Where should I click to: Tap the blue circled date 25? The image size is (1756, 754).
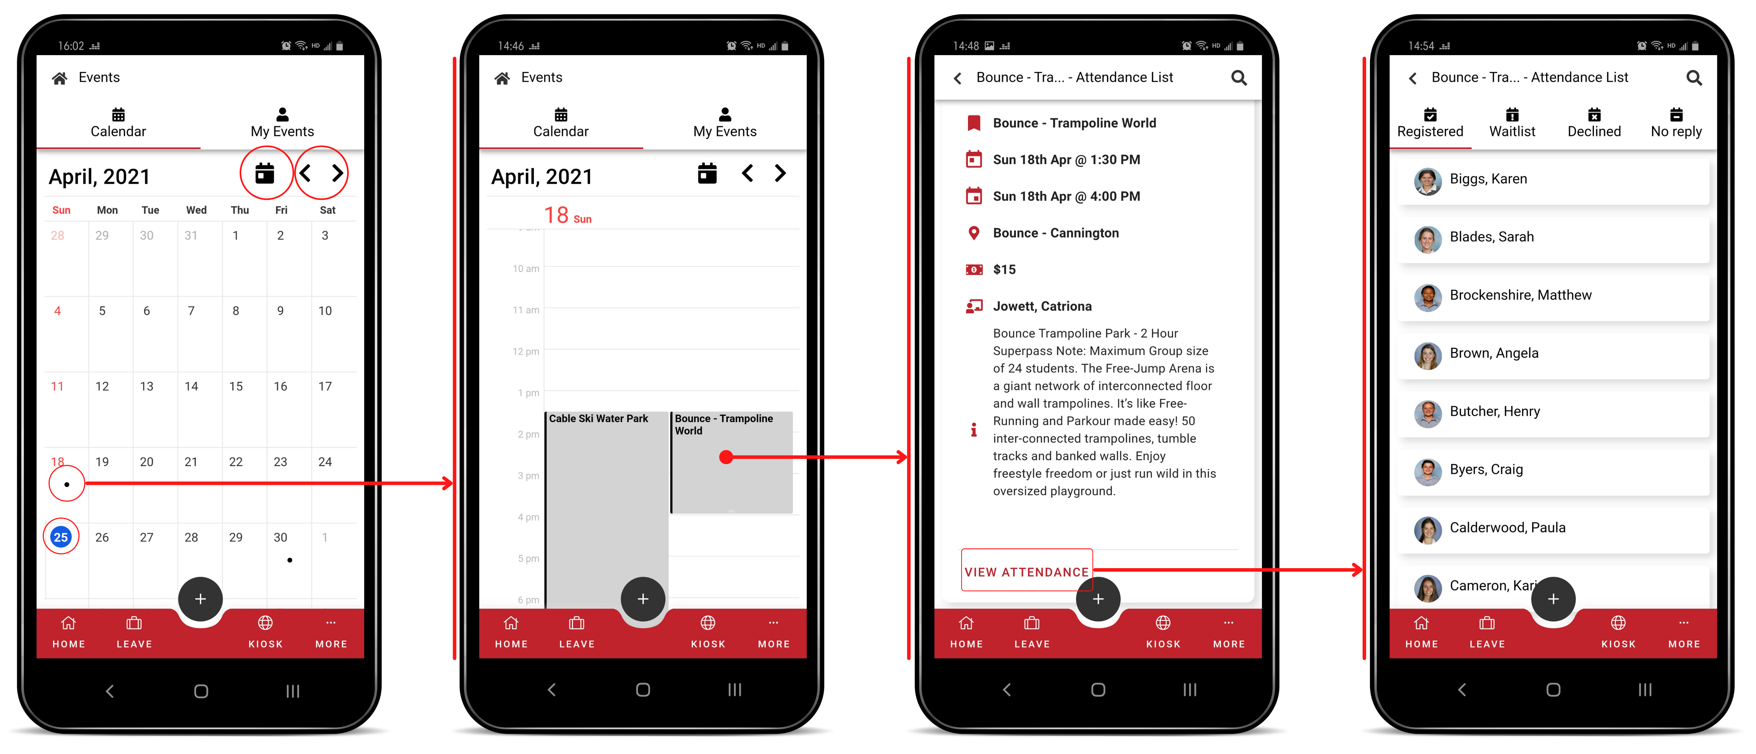(61, 537)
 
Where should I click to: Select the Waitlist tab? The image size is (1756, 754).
(1512, 123)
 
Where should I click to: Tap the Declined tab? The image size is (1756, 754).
(1594, 123)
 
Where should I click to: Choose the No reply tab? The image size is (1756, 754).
(1676, 123)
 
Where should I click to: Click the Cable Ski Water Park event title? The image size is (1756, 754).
(598, 418)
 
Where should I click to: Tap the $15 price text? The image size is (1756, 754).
(1004, 269)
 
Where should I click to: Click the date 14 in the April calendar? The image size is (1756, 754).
(191, 386)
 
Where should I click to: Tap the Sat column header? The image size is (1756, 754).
(327, 210)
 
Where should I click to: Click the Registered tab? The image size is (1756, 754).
(1430, 123)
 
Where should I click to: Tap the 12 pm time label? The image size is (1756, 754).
(526, 351)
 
